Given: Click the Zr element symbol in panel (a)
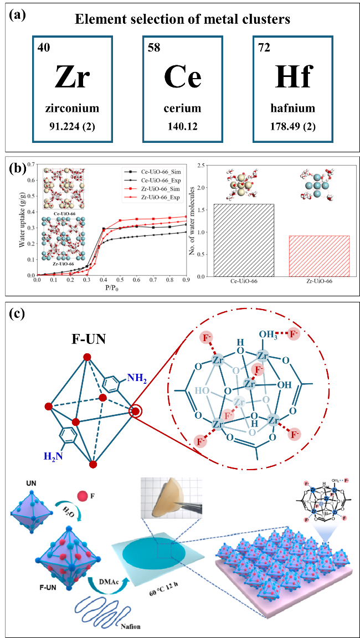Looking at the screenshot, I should (71, 78).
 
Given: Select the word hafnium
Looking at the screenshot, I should (292, 109).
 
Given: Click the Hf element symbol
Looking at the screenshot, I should (291, 78).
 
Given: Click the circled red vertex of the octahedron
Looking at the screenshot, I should (135, 411).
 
